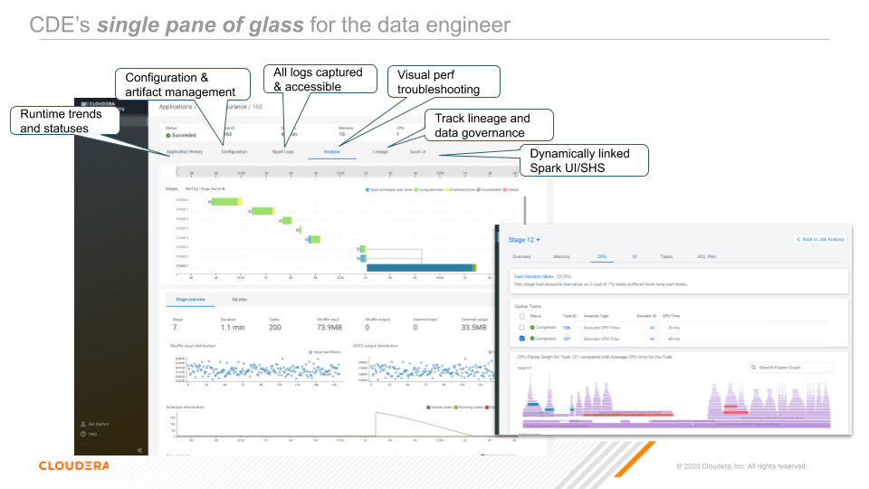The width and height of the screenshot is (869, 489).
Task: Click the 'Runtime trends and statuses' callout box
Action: [x=63, y=121]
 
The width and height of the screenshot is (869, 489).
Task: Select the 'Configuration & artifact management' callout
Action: [x=181, y=84]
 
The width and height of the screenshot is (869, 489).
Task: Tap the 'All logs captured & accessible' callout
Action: [x=319, y=79]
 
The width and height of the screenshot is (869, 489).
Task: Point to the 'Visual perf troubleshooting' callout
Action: [x=444, y=81]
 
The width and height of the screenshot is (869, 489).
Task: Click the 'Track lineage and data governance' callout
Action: [x=488, y=125]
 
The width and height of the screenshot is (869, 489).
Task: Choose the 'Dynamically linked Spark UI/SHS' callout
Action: [x=587, y=160]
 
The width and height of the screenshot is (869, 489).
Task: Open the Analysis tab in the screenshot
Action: [x=331, y=151]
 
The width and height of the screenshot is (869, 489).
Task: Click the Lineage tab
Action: [x=380, y=151]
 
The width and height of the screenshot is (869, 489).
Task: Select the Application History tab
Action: [x=185, y=151]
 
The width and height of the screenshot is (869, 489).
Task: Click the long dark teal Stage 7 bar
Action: [x=420, y=267]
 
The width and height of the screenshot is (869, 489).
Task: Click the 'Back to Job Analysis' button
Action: [x=821, y=239]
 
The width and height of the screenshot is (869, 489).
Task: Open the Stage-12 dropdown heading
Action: [x=524, y=239]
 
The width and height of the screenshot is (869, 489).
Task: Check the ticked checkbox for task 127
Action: [x=522, y=339]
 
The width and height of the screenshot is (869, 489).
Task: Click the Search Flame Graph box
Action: [x=789, y=368]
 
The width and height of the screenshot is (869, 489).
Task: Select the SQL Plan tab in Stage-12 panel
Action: [x=706, y=257]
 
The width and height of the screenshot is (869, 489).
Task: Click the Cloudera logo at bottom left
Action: [x=73, y=465]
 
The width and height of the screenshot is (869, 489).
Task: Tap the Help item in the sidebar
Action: [x=91, y=434]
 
